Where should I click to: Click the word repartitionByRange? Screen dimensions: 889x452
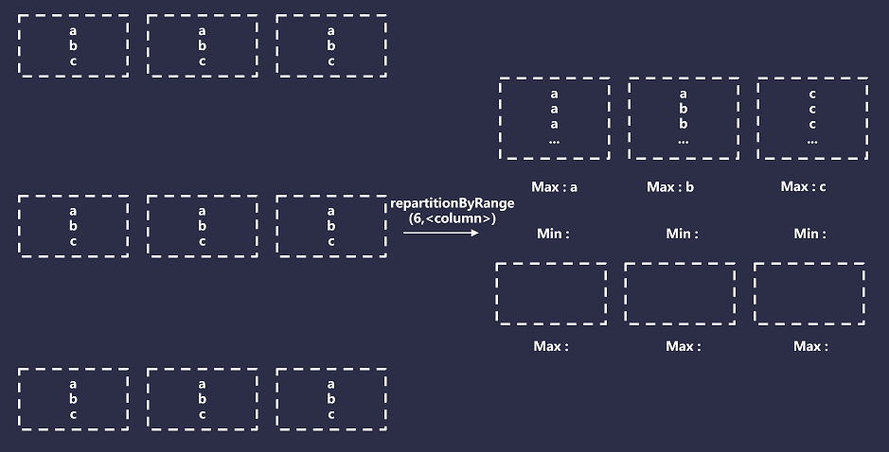(453, 204)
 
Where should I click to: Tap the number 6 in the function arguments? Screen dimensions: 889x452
(418, 218)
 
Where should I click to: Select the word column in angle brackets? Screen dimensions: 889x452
(458, 218)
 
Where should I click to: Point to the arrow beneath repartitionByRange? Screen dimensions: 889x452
(441, 233)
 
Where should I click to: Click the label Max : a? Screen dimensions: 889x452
(555, 187)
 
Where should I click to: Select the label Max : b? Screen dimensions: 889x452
(670, 187)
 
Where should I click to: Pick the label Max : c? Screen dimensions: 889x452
(804, 187)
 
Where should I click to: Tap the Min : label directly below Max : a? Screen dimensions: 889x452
(553, 234)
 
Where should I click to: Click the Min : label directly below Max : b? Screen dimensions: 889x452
(682, 234)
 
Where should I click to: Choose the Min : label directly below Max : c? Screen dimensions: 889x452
(809, 234)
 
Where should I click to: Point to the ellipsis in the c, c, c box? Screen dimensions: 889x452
(812, 141)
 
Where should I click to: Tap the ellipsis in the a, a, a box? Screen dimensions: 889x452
(555, 141)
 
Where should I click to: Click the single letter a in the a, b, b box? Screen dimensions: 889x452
(684, 94)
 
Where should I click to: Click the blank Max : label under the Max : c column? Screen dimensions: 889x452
(810, 346)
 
